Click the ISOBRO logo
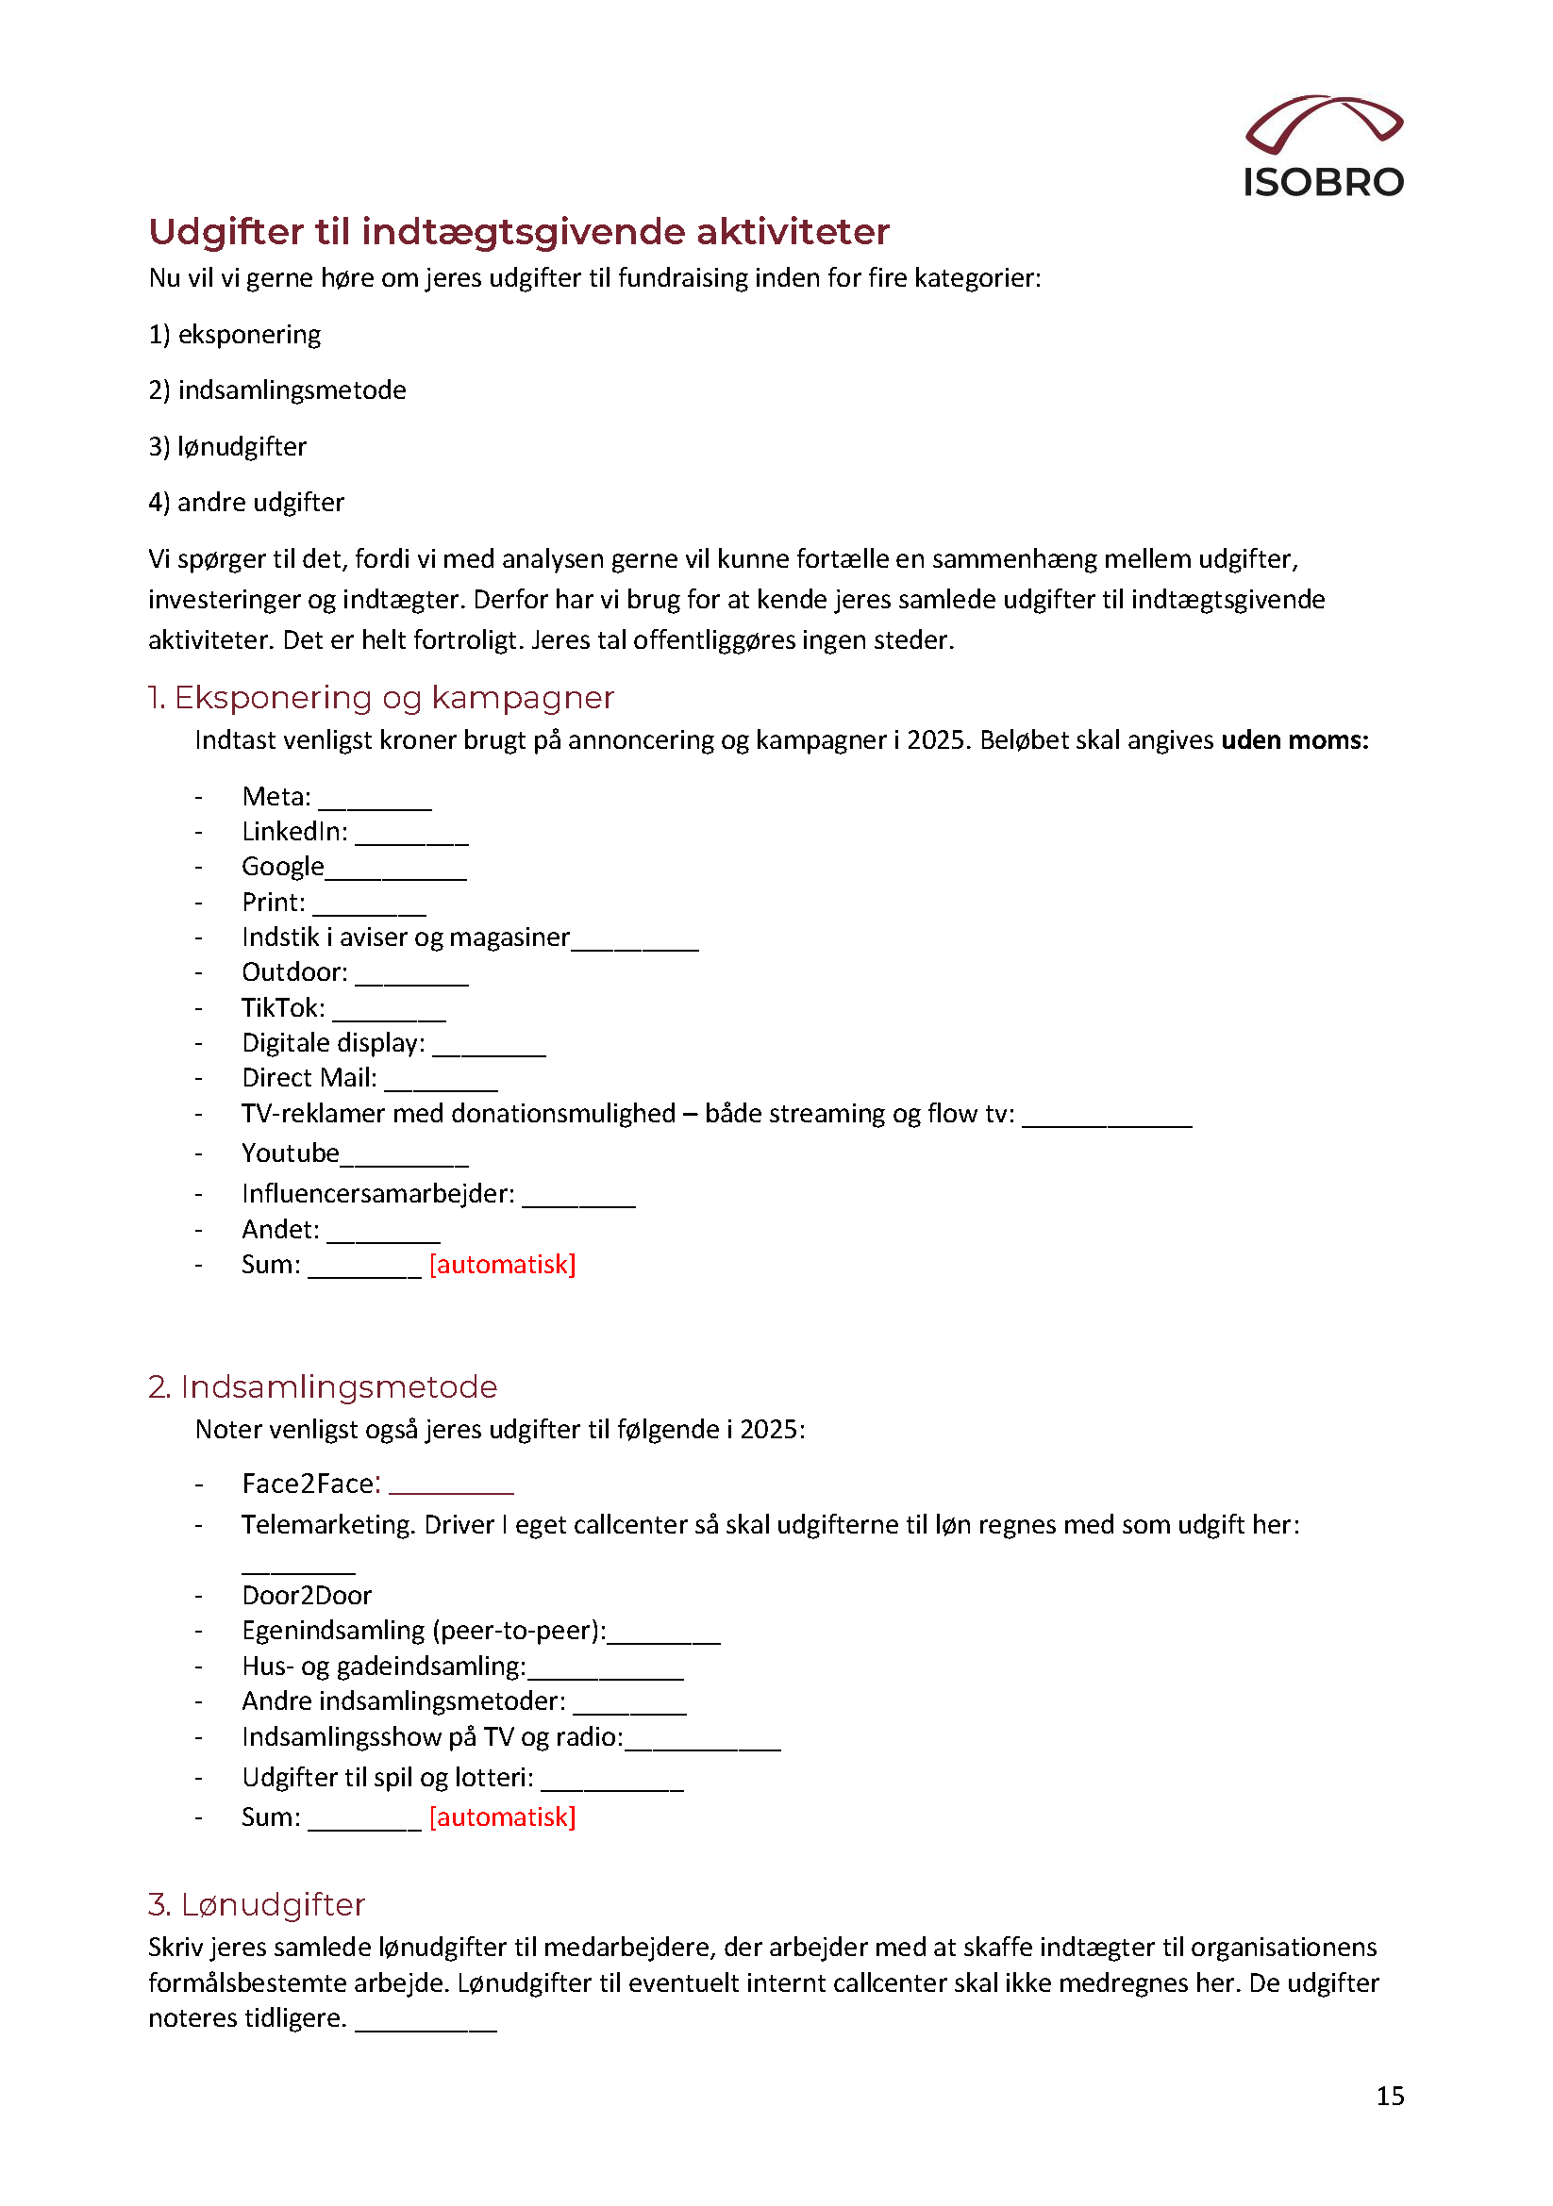tap(1324, 147)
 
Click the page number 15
tap(1390, 2096)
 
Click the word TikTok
tap(281, 1008)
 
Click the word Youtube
tap(291, 1153)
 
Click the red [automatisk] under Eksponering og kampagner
tap(502, 1265)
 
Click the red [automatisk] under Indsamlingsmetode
tap(502, 1816)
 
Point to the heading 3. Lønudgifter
tap(257, 1904)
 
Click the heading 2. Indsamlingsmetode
tap(323, 1386)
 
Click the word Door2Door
tap(307, 1596)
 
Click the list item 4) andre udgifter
tap(246, 503)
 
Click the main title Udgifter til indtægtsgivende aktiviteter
tap(519, 232)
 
